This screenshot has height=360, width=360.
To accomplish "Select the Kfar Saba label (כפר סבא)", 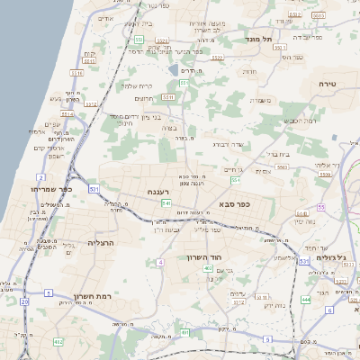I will pyautogui.click(x=234, y=204).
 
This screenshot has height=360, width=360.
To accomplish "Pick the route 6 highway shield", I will pyautogui.click(x=329, y=310).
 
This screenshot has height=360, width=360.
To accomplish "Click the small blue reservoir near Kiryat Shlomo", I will pyautogui.click(x=172, y=69).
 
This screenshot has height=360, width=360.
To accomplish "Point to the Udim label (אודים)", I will pyautogui.click(x=105, y=18).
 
